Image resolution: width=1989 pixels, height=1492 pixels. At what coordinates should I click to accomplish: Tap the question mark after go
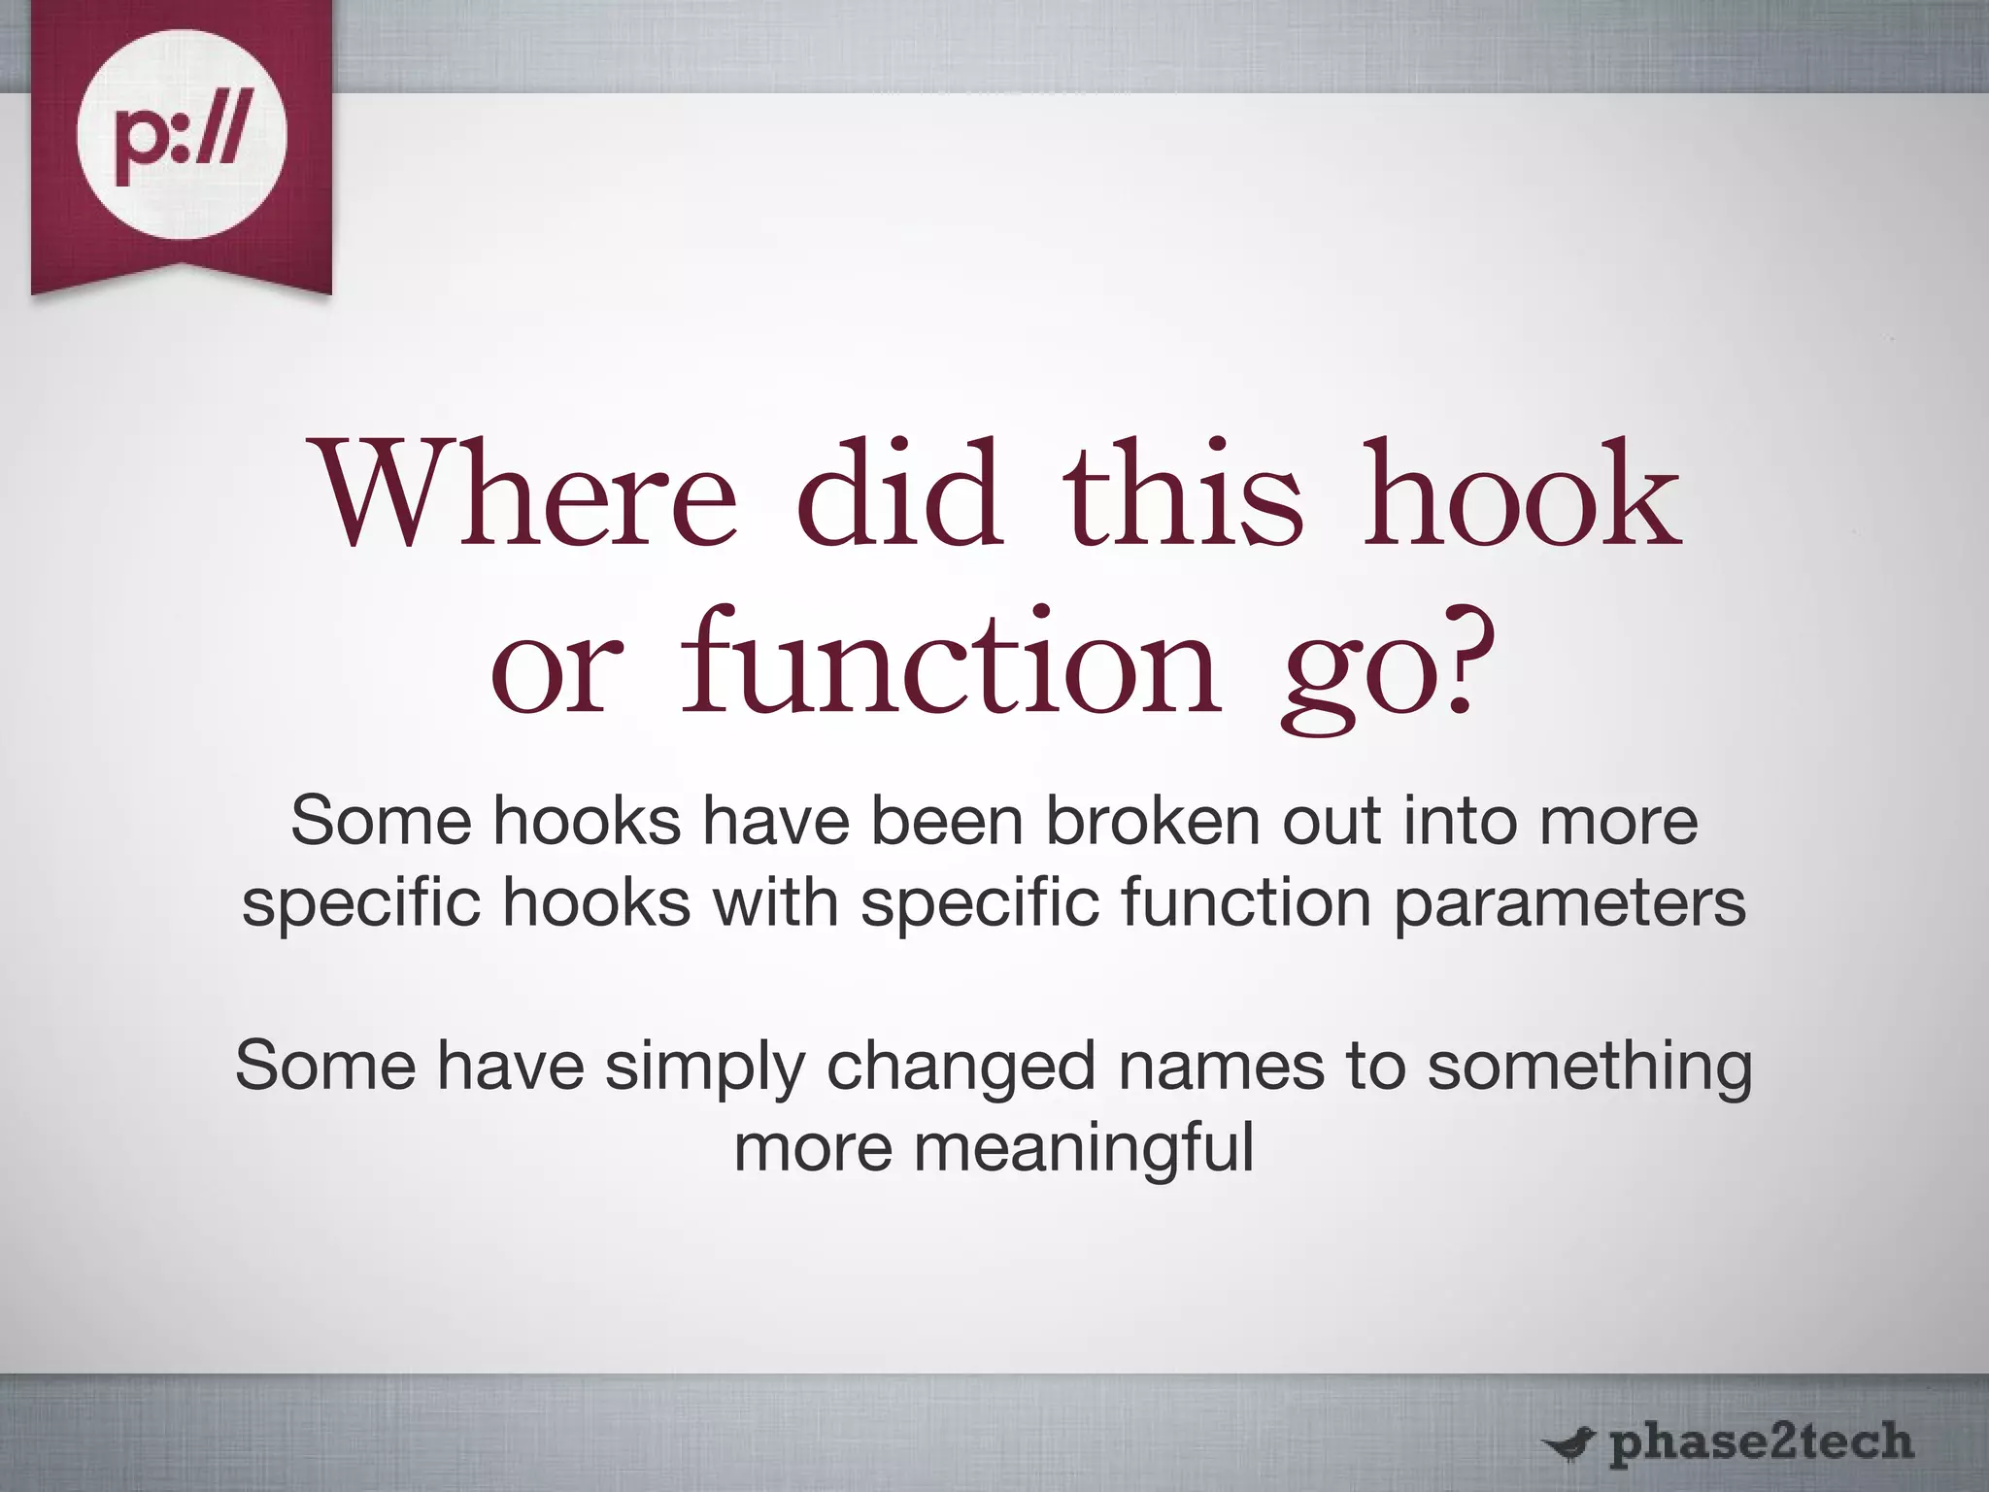pyautogui.click(x=1462, y=661)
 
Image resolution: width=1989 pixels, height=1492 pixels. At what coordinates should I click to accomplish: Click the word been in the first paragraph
pyautogui.click(x=946, y=821)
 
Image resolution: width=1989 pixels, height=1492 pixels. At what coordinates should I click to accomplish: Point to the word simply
pyautogui.click(x=705, y=1068)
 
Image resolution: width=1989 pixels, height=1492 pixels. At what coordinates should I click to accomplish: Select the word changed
pyautogui.click(x=962, y=1068)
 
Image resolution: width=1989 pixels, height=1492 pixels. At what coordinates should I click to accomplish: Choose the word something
pyautogui.click(x=1590, y=1068)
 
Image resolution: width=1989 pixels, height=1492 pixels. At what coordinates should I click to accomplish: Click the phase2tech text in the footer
pyautogui.click(x=1761, y=1441)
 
